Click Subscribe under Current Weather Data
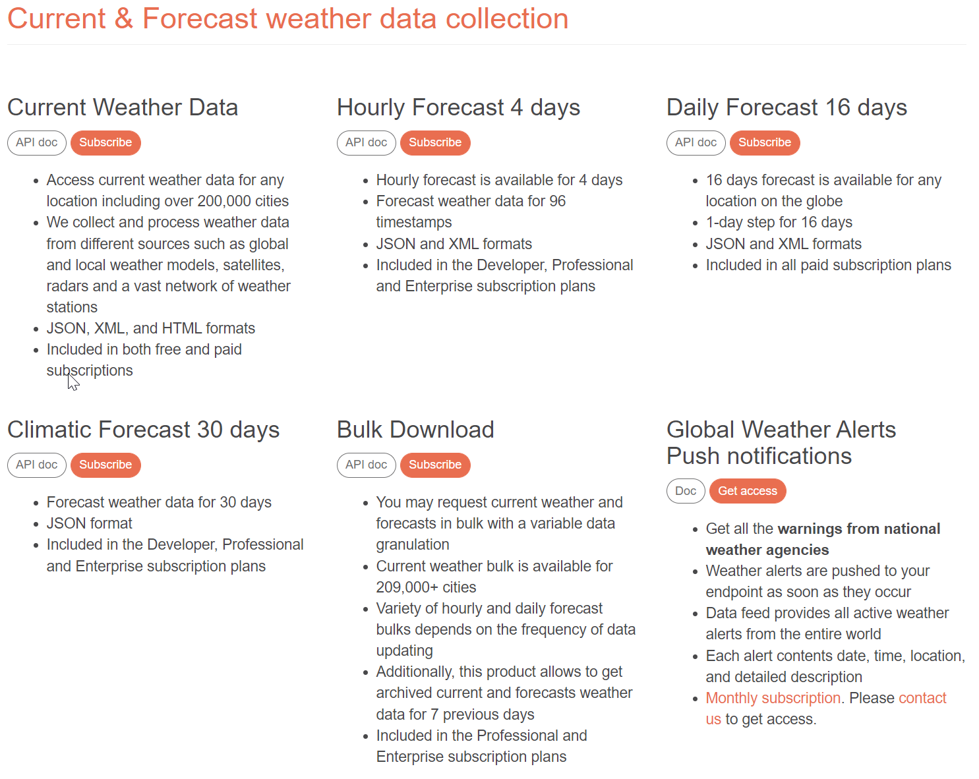click(x=105, y=142)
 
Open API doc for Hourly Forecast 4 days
click(x=366, y=142)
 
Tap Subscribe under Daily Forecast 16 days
click(x=764, y=142)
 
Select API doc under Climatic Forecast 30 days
click(x=36, y=465)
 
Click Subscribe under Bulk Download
click(x=434, y=465)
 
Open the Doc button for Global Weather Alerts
click(x=686, y=491)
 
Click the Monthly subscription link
click(x=773, y=698)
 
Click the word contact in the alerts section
click(x=922, y=698)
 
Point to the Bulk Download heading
click(x=415, y=430)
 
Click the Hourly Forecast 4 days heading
click(x=458, y=107)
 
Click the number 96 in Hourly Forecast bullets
click(x=557, y=201)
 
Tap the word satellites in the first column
click(x=253, y=265)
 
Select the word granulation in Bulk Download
click(x=413, y=544)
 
